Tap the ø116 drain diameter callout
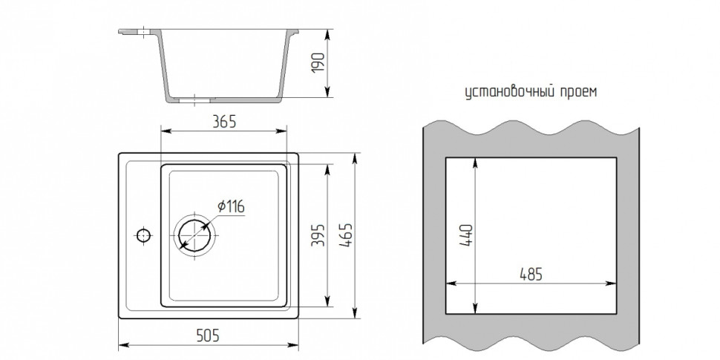click(232, 206)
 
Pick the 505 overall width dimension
click(209, 336)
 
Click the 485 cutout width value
click(530, 274)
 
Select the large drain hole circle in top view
click(194, 235)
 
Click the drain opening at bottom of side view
click(194, 97)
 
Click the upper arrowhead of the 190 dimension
click(327, 33)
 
